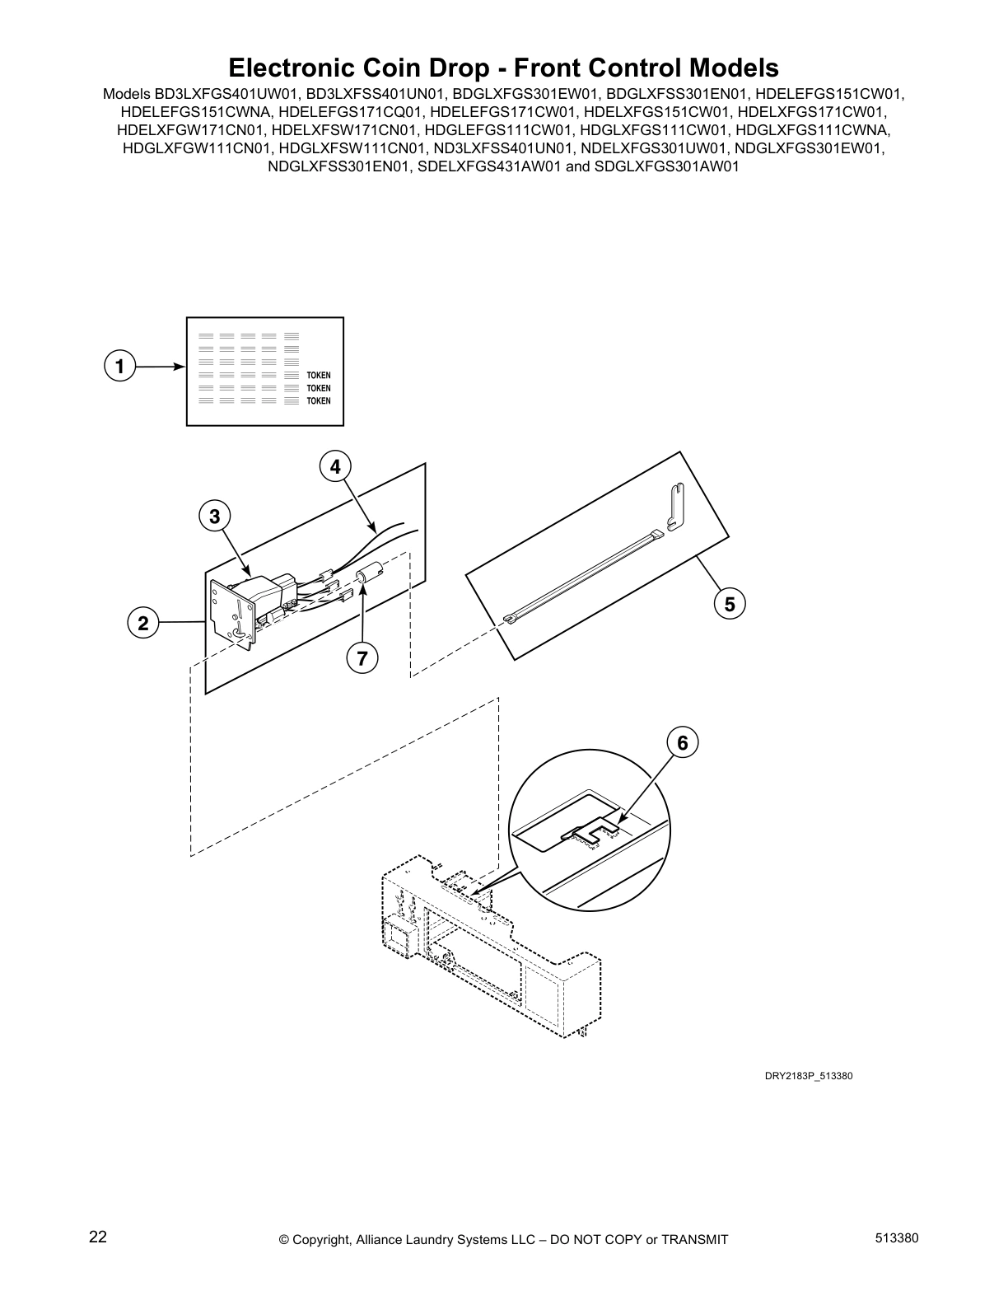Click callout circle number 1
(x=119, y=366)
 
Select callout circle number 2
(x=143, y=624)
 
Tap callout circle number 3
(x=214, y=517)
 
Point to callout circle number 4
(x=335, y=467)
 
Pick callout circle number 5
(x=730, y=604)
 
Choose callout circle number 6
(x=683, y=743)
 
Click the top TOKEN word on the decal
(x=318, y=376)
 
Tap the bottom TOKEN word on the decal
(x=318, y=401)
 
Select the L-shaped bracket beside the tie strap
(x=674, y=507)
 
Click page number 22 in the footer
(x=97, y=1237)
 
